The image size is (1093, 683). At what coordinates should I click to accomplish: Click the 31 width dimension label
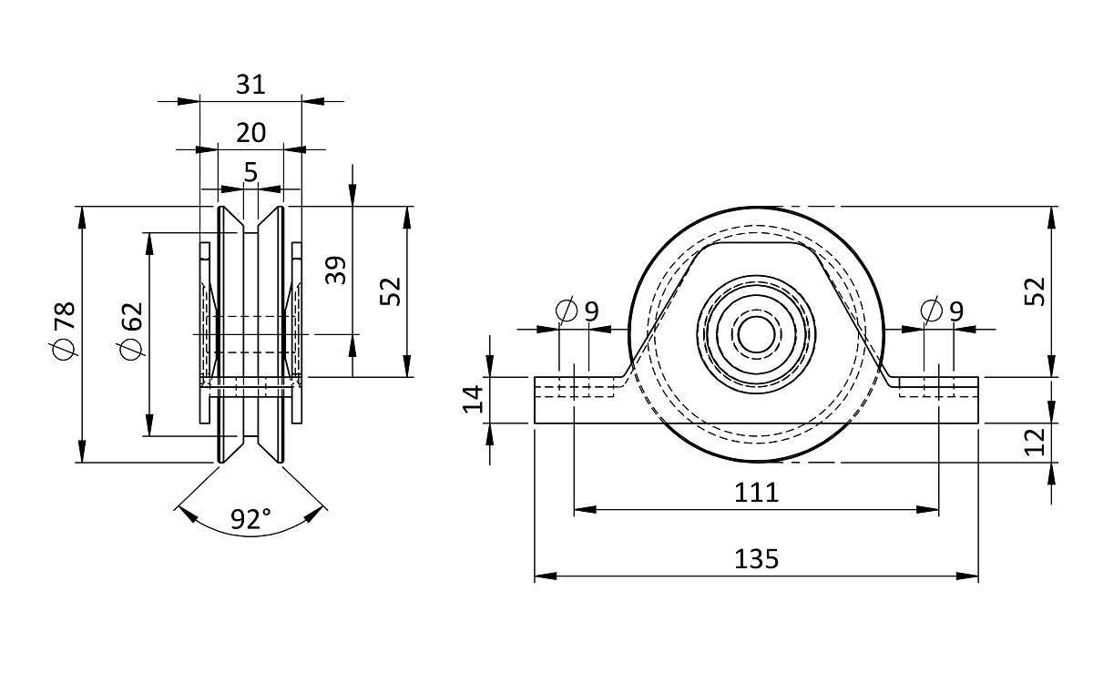250,85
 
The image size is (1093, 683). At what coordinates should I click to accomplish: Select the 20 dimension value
250,133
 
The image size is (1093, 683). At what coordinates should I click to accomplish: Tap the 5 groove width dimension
250,172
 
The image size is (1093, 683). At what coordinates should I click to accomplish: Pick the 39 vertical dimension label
336,270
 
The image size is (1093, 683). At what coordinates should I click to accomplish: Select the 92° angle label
250,520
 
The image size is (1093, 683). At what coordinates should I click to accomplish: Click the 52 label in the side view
390,291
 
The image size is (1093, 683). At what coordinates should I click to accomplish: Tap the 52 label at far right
1036,291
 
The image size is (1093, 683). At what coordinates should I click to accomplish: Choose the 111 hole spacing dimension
756,493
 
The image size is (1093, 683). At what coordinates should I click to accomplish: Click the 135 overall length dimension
756,558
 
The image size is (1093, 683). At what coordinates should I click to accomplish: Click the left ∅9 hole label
577,311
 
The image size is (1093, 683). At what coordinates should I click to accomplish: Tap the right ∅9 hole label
942,311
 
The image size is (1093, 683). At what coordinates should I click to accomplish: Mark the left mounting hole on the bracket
575,387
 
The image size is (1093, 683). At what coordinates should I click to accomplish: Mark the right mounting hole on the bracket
938,387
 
